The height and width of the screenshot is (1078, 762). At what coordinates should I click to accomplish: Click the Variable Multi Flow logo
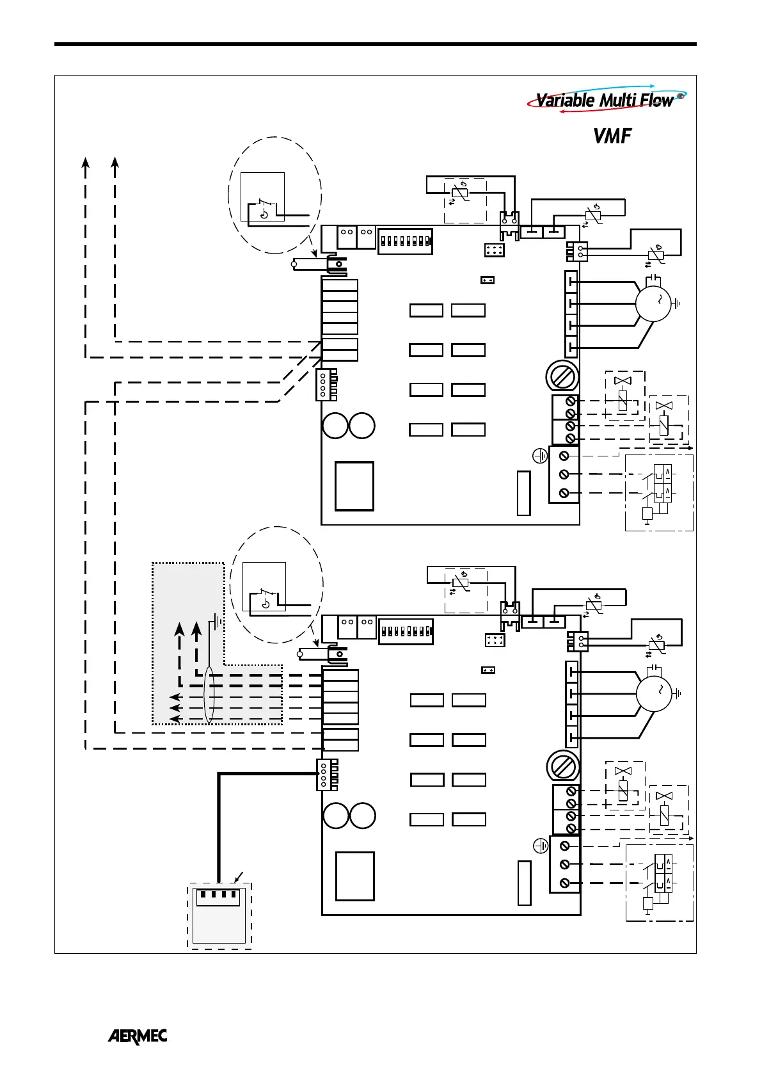pos(605,100)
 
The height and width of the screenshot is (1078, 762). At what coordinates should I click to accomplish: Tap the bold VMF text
pos(612,136)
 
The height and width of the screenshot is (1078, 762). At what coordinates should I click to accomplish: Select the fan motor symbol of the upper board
pos(653,303)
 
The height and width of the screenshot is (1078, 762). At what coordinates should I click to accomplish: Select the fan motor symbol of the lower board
pos(654,693)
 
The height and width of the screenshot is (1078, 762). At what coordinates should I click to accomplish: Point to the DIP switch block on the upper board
pos(405,241)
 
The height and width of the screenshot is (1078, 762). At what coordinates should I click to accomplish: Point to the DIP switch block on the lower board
pos(406,631)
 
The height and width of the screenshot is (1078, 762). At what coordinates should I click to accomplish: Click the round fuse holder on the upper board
pos(562,376)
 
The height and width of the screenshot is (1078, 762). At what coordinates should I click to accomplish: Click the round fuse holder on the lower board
pos(563,766)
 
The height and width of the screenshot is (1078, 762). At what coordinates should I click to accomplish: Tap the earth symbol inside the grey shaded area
pos(218,620)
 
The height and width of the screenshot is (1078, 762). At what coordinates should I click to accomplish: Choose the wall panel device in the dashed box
pos(219,915)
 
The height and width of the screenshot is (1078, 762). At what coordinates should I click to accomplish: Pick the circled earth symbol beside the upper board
pos(540,456)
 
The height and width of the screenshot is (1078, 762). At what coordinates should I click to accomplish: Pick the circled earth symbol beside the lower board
pos(541,846)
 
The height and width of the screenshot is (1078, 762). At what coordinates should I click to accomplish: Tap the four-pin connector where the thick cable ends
pos(325,775)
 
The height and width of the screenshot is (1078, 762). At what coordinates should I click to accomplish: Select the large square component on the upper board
pos(354,486)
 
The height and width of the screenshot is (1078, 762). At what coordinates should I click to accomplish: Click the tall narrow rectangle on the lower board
pos(524,883)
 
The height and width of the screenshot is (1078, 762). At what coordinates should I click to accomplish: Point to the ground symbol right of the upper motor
pos(678,304)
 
